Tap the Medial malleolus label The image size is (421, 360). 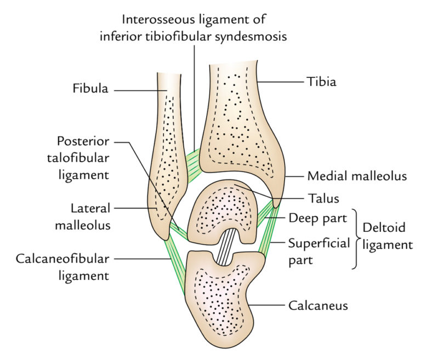[x=357, y=176]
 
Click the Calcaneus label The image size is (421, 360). [x=318, y=306]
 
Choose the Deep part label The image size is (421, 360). [x=317, y=219]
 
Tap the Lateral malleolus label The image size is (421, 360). [x=90, y=217]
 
